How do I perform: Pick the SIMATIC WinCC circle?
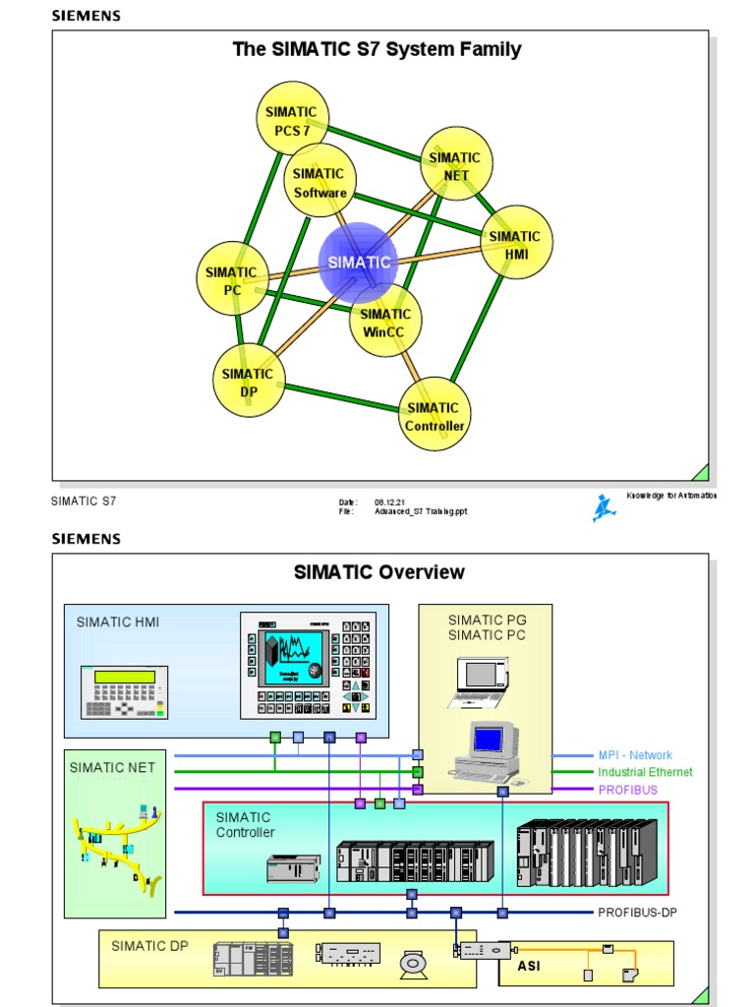point(385,323)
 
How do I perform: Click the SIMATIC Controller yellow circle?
point(434,415)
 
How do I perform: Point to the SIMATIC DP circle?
point(248,382)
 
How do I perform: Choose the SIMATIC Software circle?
point(319,182)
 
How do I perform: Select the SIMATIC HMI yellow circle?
point(516,243)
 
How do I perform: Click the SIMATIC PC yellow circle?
point(232,279)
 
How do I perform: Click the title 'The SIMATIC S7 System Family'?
point(377,49)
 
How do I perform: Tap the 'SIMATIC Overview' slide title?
point(379,572)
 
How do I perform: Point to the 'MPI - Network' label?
point(635,755)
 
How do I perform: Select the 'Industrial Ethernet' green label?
point(645,773)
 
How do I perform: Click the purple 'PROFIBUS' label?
point(627,790)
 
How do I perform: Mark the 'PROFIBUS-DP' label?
point(637,913)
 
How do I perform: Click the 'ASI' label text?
point(529,965)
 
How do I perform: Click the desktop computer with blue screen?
point(489,751)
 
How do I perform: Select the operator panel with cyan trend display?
point(308,665)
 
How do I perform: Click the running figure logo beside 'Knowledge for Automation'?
point(603,508)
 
